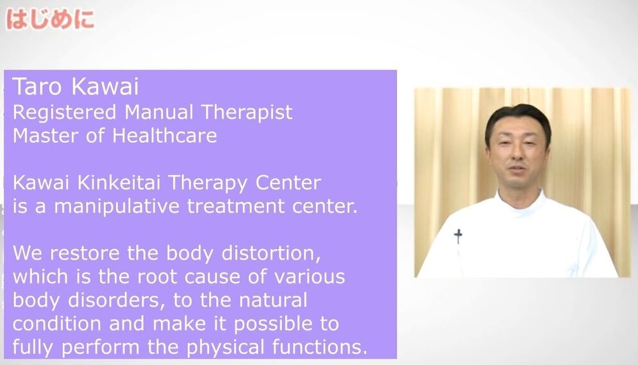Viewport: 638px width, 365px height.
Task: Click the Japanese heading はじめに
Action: (51, 19)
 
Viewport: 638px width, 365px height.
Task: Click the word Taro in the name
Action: (37, 87)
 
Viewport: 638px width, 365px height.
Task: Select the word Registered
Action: (64, 113)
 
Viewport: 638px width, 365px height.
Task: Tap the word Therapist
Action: (247, 113)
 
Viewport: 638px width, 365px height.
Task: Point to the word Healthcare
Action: (164, 135)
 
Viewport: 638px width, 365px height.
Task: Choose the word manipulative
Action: (117, 207)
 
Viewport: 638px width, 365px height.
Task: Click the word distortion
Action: (271, 253)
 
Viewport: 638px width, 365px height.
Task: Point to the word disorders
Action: (117, 300)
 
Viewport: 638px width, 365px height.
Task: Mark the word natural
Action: (273, 300)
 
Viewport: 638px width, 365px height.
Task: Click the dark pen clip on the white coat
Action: (458, 236)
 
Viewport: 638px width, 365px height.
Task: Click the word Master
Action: (46, 136)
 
